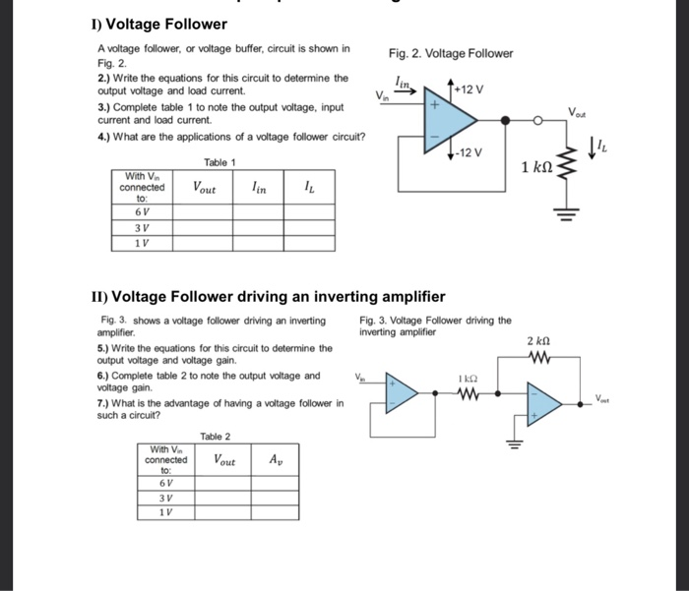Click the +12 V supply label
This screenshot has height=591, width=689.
470,89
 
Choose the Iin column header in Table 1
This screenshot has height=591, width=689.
259,186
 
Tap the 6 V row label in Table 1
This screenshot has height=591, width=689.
142,210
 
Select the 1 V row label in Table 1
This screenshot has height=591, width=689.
142,243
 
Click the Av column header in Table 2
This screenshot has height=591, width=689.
277,459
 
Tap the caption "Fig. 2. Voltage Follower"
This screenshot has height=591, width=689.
451,53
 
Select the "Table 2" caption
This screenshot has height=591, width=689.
216,436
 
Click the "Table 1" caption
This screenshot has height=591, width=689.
219,162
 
